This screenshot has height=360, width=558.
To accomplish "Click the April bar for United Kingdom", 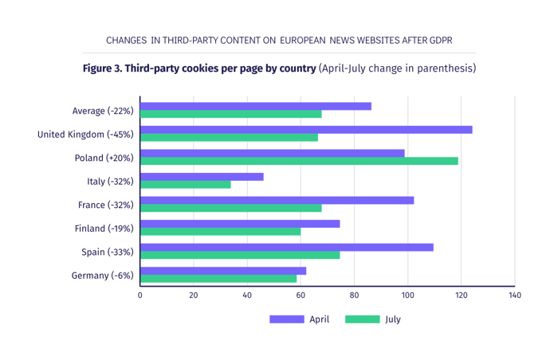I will coord(306,130).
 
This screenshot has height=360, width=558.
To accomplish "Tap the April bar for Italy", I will coord(202,177).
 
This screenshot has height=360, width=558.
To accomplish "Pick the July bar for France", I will coord(231,209).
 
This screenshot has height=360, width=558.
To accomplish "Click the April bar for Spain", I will coord(287,247).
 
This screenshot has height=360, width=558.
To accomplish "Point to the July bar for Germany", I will coord(219,280).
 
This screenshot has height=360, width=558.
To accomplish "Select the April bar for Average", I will coord(256,106).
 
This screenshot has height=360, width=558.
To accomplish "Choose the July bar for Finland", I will coord(221,233).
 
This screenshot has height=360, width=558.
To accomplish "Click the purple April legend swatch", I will coord(286,319).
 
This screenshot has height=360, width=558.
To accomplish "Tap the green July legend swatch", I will coord(362,319).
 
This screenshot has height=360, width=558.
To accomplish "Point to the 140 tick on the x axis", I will coord(515,295).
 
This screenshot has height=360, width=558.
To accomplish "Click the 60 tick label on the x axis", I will coord(301,295).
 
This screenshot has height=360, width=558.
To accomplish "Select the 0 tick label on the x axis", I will coord(140,295).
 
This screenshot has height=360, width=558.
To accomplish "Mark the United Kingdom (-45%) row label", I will coord(85,134).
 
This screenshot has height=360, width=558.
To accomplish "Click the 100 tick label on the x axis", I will coord(408,295).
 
